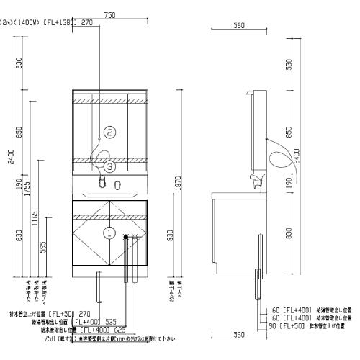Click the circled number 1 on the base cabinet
[x=109, y=233]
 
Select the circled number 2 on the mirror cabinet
[x=109, y=132]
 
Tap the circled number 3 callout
[x=109, y=166]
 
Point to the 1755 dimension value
[x=29, y=189]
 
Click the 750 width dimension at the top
[x=109, y=14]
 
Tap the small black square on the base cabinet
[x=126, y=235]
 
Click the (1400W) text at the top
[x=27, y=23]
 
